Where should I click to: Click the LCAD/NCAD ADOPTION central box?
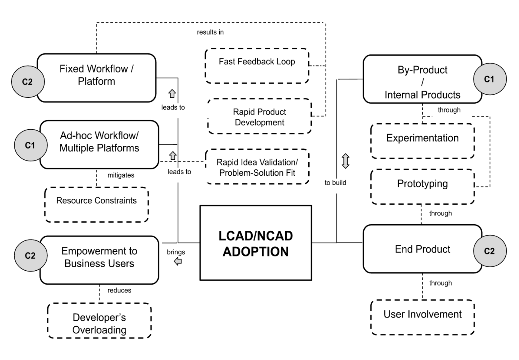tap(255, 243)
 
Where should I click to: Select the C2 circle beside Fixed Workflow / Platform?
tap(28, 82)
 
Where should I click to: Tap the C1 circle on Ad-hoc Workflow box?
tap(30, 145)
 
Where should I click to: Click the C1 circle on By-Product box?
tap(489, 79)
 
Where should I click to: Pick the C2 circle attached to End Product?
tap(489, 251)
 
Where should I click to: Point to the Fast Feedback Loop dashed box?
tap(257, 66)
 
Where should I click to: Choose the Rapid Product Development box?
tap(259, 116)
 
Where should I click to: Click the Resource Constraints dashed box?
tap(96, 205)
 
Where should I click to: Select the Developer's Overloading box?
tap(99, 320)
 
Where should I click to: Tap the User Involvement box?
tap(422, 317)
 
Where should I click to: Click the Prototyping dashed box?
tap(422, 187)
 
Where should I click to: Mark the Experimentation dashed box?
tap(422, 141)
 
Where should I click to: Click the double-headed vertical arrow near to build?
tap(345, 161)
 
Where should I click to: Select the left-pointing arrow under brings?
tap(178, 262)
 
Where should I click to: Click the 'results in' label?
tap(210, 32)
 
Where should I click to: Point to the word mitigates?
tap(121, 175)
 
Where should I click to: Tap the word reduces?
tap(119, 290)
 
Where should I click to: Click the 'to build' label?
tap(335, 182)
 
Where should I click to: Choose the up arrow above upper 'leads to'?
tap(172, 93)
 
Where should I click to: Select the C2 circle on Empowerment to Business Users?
tap(30, 255)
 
